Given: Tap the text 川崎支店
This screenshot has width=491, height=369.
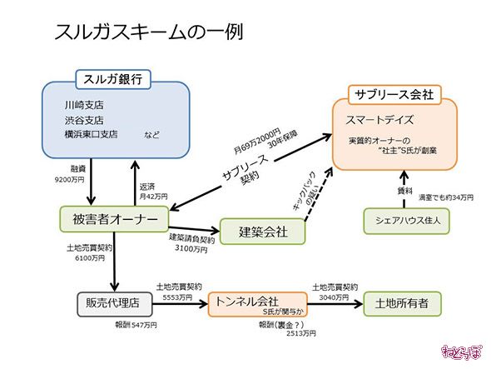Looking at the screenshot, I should click(x=83, y=107).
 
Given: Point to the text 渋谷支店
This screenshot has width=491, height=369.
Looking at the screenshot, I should click(x=83, y=120).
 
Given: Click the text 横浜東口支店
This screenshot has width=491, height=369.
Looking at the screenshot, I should click(x=92, y=133).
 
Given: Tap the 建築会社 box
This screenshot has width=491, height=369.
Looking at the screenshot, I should click(x=263, y=231).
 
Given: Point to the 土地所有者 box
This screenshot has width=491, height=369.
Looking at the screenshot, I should click(x=402, y=303).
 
